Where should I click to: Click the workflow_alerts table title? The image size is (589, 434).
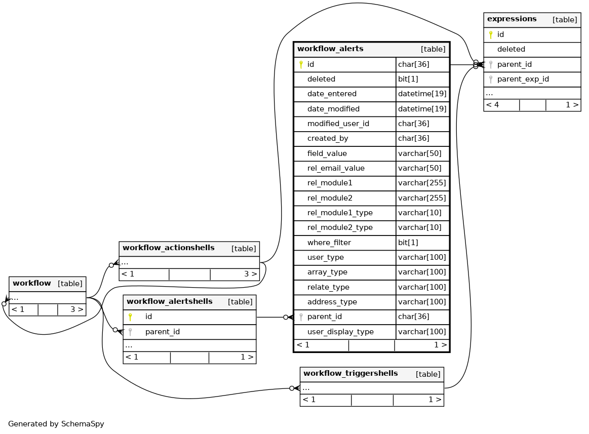click(x=330, y=49)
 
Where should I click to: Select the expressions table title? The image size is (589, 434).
click(x=512, y=19)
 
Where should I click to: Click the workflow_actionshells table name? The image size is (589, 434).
click(x=168, y=248)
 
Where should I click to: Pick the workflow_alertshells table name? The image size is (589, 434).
click(x=169, y=302)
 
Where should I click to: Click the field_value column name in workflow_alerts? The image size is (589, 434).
click(x=327, y=153)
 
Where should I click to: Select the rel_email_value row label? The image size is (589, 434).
click(x=335, y=168)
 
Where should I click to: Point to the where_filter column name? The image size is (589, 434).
click(x=329, y=243)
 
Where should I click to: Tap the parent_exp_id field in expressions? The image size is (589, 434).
click(x=523, y=79)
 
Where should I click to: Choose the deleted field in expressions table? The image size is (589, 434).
click(x=511, y=49)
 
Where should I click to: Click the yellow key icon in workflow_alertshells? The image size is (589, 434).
click(x=130, y=317)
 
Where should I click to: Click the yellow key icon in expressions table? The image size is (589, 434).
click(x=490, y=34)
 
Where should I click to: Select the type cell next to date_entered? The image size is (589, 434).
click(x=421, y=94)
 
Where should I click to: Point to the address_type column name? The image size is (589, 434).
click(x=332, y=302)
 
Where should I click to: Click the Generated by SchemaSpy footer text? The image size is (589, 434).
click(x=56, y=424)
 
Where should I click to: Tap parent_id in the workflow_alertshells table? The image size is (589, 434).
click(x=162, y=332)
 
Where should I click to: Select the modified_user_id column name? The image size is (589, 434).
click(x=338, y=124)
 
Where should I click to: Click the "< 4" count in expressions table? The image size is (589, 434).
click(x=492, y=105)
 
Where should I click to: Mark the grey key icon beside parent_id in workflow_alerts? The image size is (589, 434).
click(x=301, y=317)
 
